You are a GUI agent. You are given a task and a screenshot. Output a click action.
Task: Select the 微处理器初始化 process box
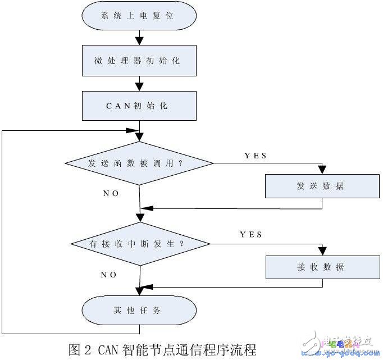tap(139, 61)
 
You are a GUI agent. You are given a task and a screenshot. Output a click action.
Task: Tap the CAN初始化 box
tap(139, 106)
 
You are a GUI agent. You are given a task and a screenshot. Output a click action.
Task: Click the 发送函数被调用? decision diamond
tap(139, 163)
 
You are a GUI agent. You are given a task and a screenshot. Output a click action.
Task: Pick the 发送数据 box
tap(322, 186)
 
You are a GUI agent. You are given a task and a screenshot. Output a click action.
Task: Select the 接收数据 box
tap(322, 267)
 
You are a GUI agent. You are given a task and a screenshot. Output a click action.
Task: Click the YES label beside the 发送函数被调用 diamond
tap(256, 155)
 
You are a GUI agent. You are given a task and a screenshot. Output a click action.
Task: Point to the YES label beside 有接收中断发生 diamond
tap(251, 235)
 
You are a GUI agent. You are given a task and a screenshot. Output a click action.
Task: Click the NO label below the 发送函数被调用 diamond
tap(111, 193)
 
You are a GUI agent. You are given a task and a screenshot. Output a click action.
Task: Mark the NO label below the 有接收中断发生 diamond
tap(108, 275)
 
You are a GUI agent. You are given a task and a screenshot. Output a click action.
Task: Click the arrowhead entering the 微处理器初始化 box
tap(139, 42)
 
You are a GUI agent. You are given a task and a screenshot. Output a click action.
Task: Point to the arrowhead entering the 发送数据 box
tap(322, 170)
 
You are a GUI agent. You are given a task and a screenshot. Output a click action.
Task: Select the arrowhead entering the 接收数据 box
tap(322, 251)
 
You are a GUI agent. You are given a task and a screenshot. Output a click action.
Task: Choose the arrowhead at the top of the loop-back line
tap(132, 130)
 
